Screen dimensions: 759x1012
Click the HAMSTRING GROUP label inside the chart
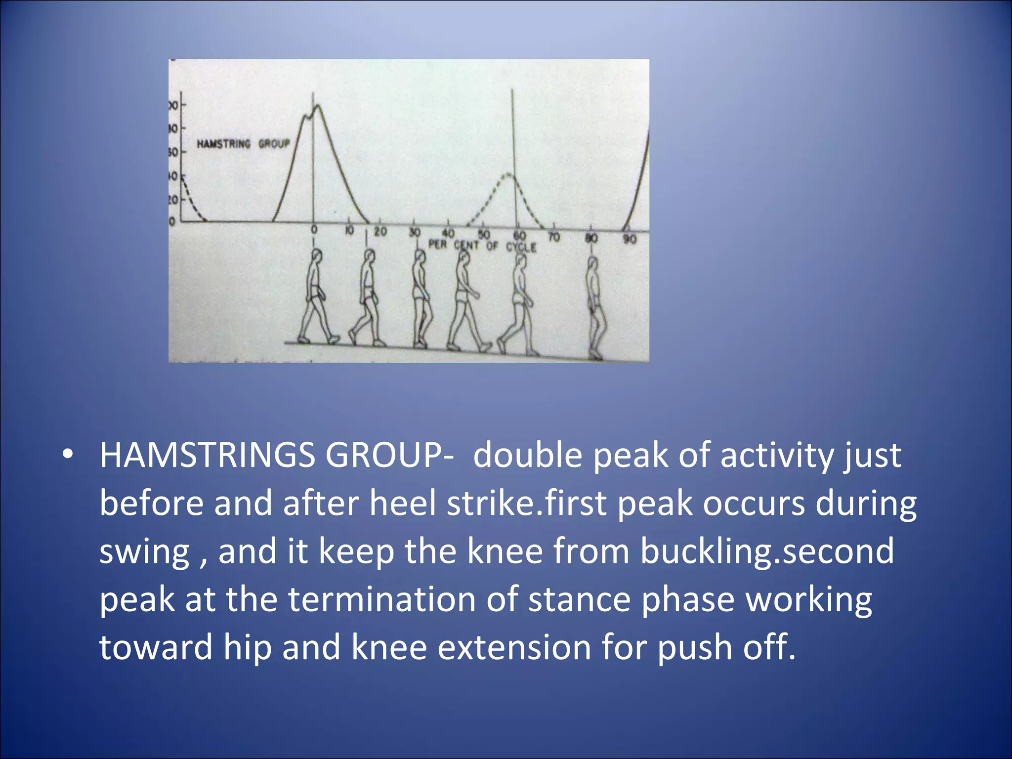(x=243, y=144)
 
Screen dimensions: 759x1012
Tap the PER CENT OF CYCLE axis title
(x=482, y=245)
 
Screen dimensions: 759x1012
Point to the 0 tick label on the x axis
(x=314, y=230)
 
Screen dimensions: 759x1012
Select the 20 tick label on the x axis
(x=380, y=231)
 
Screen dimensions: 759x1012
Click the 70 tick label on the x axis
(x=554, y=237)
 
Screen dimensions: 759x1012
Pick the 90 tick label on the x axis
(x=629, y=240)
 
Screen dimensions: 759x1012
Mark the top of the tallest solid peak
(x=317, y=105)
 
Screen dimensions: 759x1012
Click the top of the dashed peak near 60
(x=509, y=174)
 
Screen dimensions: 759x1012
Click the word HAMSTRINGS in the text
(x=207, y=455)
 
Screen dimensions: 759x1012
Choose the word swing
(x=144, y=552)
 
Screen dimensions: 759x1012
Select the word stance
(x=579, y=599)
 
